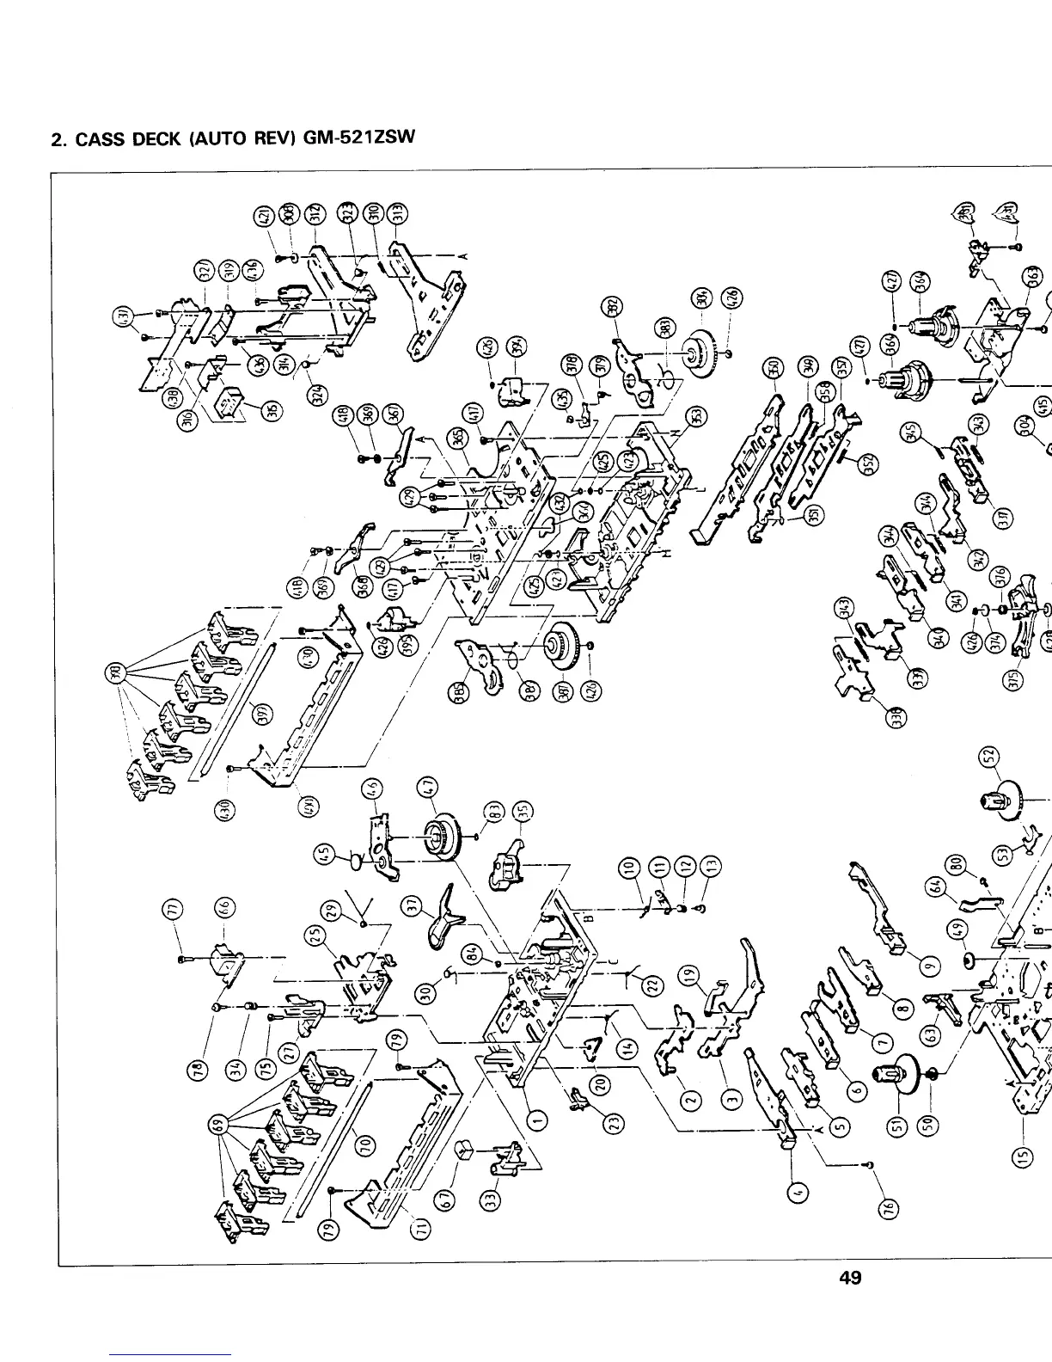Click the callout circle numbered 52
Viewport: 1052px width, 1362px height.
[x=991, y=757]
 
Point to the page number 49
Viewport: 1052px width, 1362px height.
[x=850, y=1278]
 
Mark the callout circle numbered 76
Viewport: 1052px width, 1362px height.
[x=892, y=1210]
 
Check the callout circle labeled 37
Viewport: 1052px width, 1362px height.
[x=413, y=905]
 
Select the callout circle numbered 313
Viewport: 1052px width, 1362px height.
[x=397, y=214]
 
